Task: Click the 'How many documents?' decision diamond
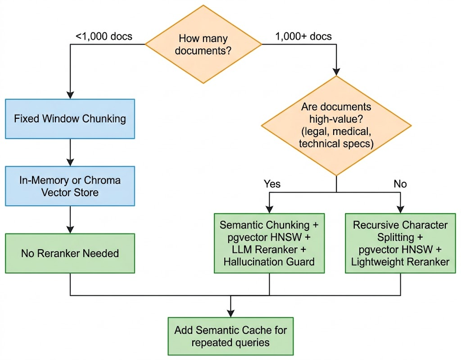[x=203, y=45]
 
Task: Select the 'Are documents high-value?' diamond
[x=336, y=126]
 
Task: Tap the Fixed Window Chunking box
[x=70, y=119]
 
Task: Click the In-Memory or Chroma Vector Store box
[x=70, y=186]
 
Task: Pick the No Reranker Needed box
[x=70, y=253]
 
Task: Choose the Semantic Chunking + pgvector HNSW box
[x=269, y=243]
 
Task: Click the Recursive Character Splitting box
[x=400, y=243]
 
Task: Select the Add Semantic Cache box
[x=230, y=336]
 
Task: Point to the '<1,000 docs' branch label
[x=104, y=36]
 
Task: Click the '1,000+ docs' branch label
[x=303, y=36]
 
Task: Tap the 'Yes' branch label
[x=272, y=184]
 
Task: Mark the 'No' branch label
[x=400, y=184]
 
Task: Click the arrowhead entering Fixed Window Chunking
[x=70, y=95]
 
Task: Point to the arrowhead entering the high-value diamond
[x=336, y=72]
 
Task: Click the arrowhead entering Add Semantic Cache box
[x=231, y=314]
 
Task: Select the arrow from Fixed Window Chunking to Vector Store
[x=70, y=153]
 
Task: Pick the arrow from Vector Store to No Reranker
[x=70, y=220]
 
